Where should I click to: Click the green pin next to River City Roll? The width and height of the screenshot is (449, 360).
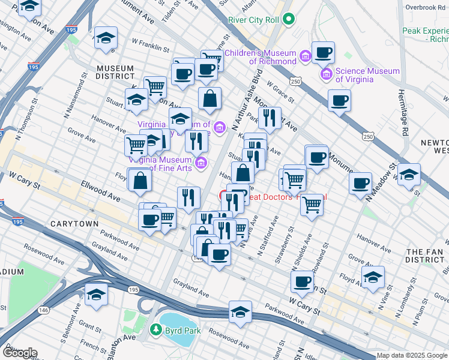pos(288,20)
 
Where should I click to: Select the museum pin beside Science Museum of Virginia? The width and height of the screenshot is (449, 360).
pos(327,75)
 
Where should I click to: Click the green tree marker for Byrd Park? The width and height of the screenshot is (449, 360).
pos(156,330)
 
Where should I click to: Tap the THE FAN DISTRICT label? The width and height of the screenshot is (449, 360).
pos(424,256)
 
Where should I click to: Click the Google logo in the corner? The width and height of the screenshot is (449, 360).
pos(19,353)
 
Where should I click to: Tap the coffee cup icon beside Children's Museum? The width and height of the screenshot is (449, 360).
pos(323,53)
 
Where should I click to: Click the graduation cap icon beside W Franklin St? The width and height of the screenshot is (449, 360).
pos(106,39)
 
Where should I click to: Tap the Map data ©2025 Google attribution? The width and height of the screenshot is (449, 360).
pos(412,355)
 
